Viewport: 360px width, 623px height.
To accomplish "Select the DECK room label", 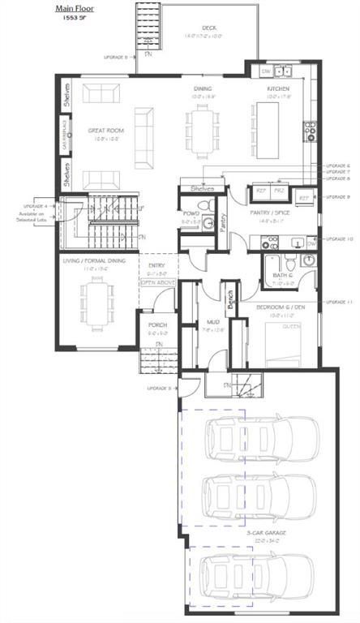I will pyautogui.click(x=209, y=27).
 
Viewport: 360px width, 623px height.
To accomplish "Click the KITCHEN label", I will pyautogui.click(x=280, y=88).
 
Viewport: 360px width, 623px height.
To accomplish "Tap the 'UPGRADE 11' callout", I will pyautogui.click(x=337, y=302).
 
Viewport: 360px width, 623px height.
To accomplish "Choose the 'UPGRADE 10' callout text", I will pyautogui.click(x=337, y=238).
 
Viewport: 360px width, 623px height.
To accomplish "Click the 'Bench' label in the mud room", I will pyautogui.click(x=229, y=299).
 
